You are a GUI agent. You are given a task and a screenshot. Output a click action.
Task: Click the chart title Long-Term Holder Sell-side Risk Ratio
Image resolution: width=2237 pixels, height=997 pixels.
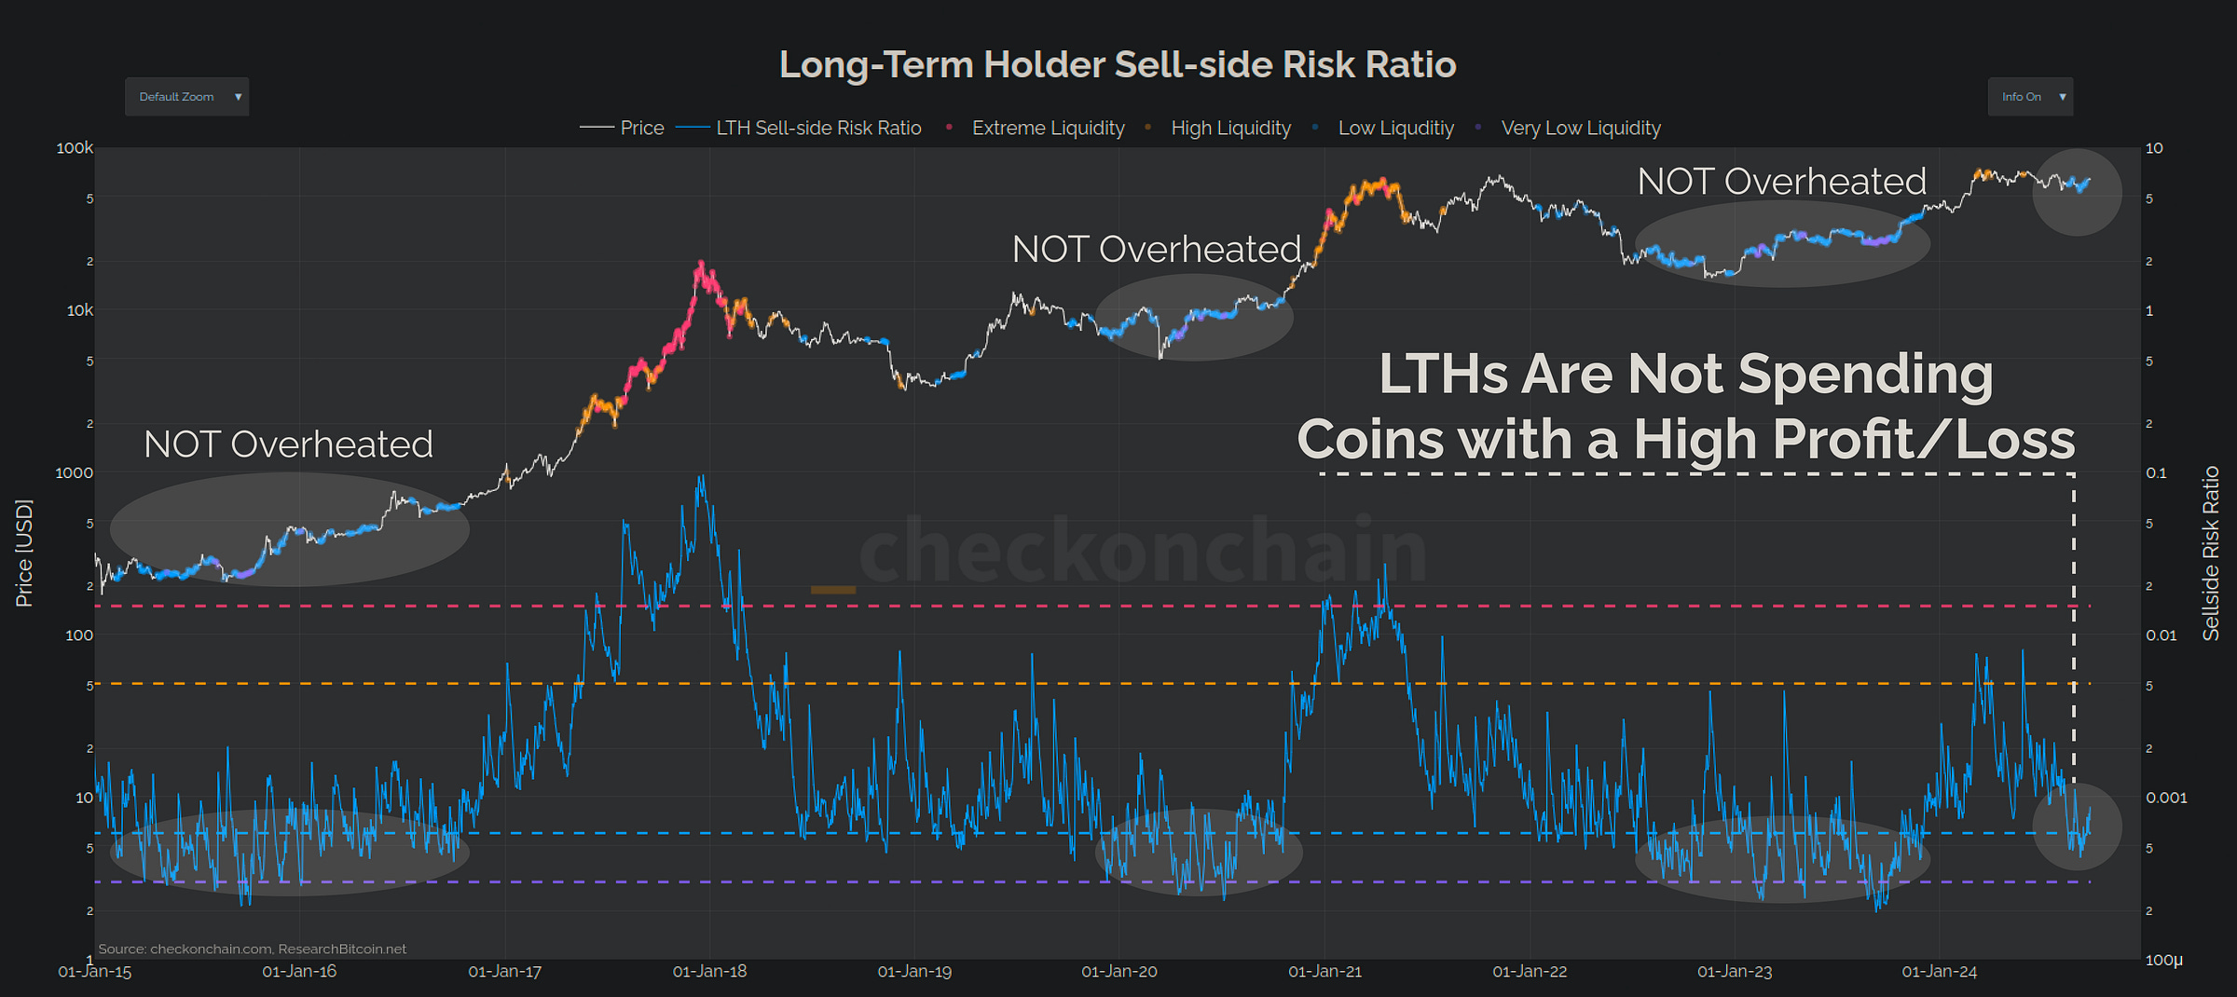coord(1117,64)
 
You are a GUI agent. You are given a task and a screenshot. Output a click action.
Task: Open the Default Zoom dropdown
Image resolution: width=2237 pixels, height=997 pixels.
coord(186,97)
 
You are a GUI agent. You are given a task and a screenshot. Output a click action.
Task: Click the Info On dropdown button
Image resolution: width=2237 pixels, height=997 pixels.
coord(2029,97)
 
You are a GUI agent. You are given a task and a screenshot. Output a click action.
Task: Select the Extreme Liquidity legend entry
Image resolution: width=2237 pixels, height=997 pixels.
coord(1047,128)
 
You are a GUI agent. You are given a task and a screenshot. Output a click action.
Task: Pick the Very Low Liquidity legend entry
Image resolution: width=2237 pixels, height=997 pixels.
coord(1580,128)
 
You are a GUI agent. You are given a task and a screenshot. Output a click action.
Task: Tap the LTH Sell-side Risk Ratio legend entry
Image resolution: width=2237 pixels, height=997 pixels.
coord(817,128)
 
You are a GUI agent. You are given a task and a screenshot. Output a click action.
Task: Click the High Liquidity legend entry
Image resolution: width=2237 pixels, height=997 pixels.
coord(1229,128)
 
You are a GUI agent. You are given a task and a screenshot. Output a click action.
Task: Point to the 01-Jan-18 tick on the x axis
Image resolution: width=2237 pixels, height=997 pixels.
coord(709,971)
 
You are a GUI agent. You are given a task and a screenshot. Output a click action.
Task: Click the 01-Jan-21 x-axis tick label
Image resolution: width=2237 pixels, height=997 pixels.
coord(1324,971)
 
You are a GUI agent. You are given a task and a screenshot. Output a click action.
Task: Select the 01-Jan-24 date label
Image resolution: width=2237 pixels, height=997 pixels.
coord(1939,971)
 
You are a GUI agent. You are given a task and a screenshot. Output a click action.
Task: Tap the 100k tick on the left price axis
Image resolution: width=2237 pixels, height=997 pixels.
coord(75,148)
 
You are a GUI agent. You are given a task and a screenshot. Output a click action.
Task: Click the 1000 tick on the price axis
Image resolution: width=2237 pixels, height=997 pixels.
coord(74,472)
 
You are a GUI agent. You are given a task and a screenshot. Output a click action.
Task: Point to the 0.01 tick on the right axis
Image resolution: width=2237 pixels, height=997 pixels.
coord(2161,635)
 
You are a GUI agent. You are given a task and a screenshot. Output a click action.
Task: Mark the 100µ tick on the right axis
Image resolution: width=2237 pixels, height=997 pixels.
coord(2163,960)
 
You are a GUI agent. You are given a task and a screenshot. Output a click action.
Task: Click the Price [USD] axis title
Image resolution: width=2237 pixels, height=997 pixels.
coord(24,553)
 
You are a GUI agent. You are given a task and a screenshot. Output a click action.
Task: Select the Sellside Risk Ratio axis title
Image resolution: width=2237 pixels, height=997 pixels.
coord(2210,553)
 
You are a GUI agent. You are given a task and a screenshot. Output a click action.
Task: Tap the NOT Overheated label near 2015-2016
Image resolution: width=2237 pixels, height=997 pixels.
coord(288,444)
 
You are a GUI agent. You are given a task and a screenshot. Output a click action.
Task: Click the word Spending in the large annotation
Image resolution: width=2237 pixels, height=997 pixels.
coord(1865,375)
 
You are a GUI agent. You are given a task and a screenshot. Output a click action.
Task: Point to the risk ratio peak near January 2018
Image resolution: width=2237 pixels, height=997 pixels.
coord(701,478)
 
